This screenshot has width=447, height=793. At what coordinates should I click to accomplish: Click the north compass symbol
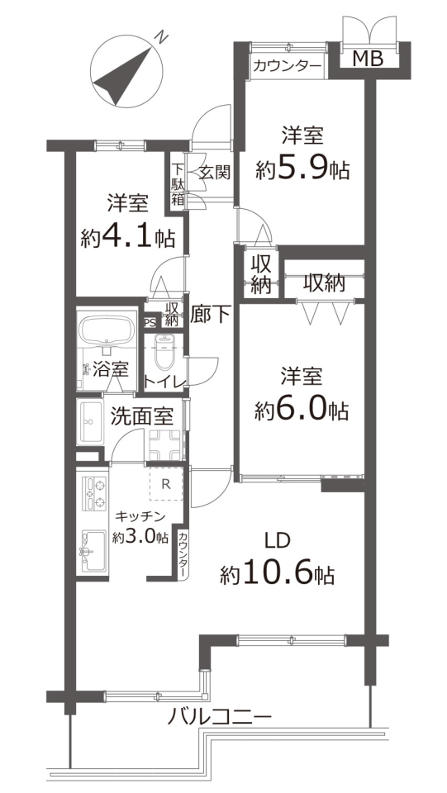tap(126, 70)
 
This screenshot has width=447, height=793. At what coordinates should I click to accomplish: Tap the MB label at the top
tap(367, 59)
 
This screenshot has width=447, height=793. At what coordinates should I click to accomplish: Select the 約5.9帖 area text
tap(302, 169)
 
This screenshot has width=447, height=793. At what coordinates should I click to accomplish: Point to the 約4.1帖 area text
tap(128, 236)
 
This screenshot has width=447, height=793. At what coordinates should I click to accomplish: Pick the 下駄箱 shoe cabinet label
tap(178, 183)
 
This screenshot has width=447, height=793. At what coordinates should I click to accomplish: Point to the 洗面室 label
tap(142, 416)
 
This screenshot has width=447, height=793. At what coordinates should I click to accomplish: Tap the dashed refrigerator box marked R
tap(165, 483)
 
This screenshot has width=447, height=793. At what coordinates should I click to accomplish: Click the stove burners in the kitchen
tap(94, 493)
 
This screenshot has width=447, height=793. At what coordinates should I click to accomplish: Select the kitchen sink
tap(93, 551)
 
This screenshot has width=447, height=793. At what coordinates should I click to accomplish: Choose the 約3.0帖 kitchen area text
tap(140, 537)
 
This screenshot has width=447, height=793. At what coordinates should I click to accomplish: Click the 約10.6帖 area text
tap(277, 575)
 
